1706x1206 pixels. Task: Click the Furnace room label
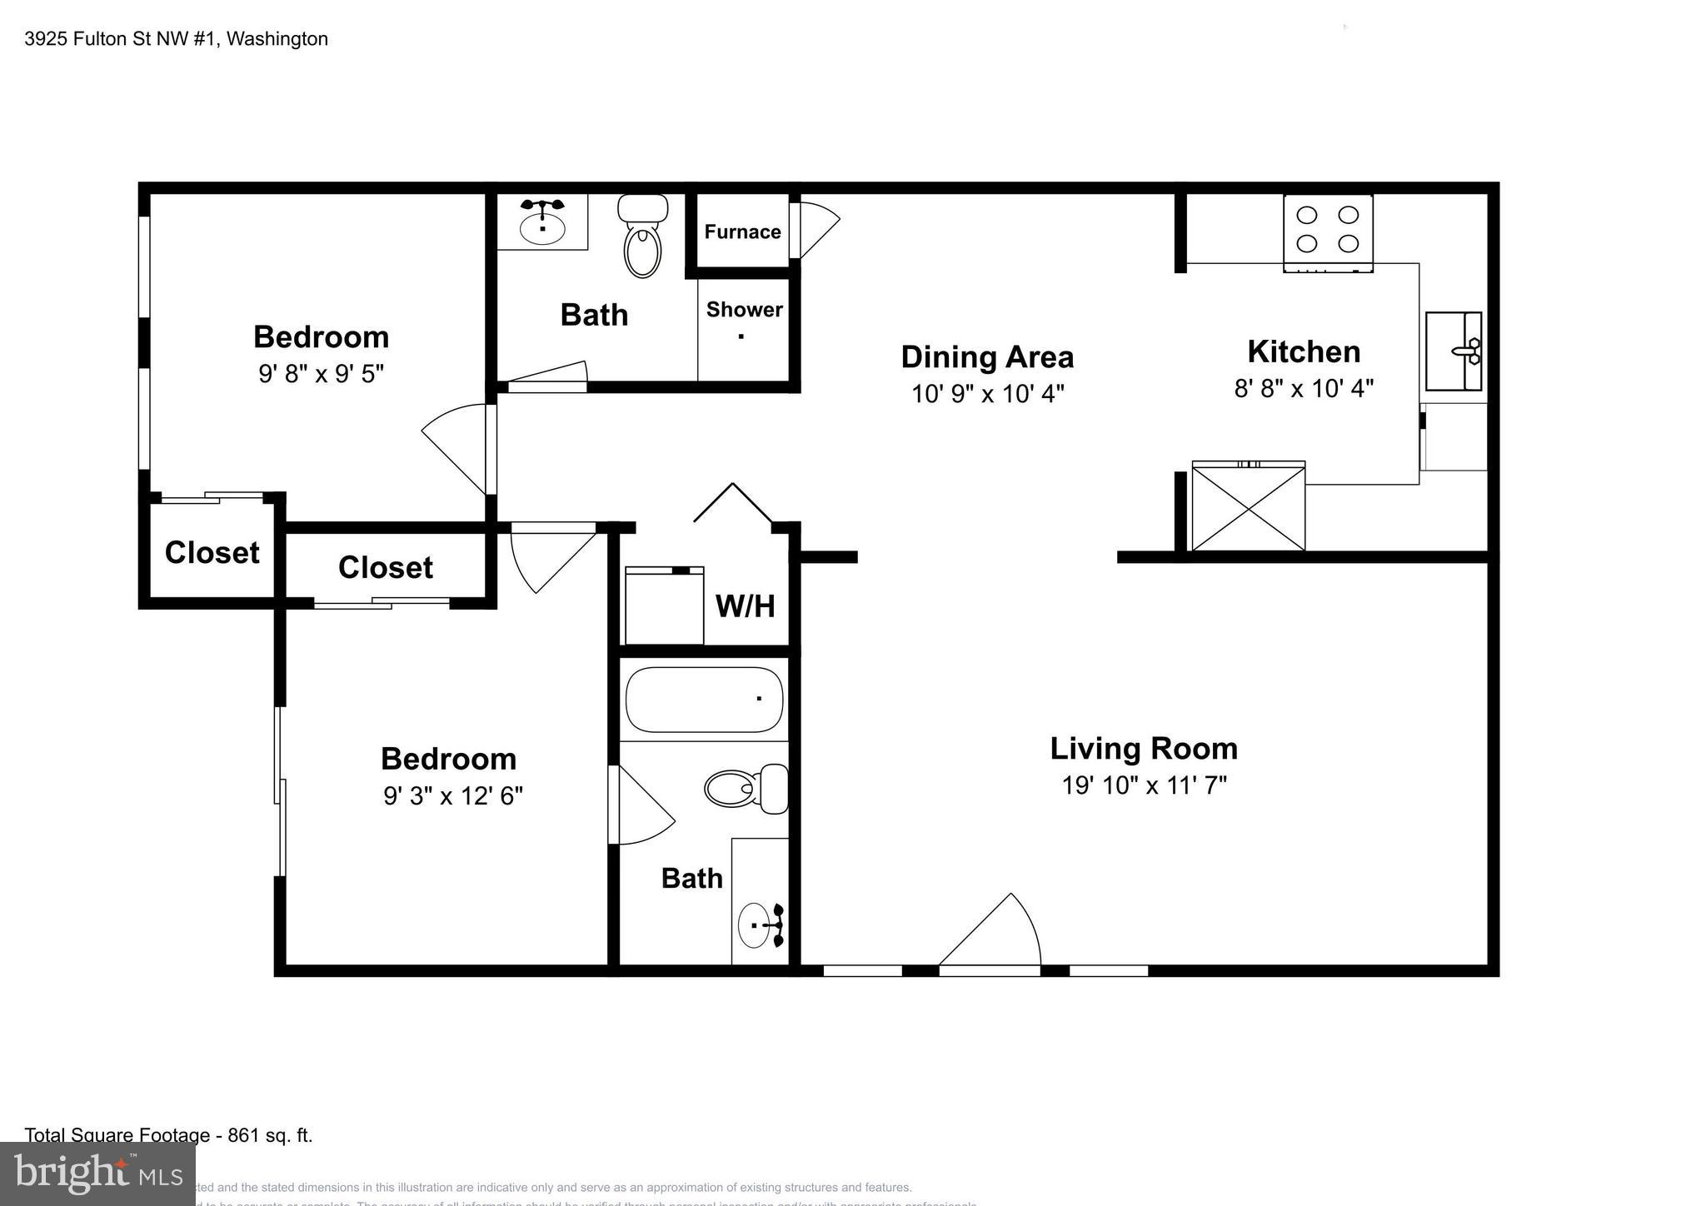742,232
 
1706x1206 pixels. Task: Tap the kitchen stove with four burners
1328,231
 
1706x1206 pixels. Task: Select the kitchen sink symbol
1454,351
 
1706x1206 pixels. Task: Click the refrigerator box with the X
1248,506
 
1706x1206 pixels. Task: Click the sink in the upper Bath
542,222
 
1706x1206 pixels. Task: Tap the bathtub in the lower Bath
704,699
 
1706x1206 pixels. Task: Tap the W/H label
745,606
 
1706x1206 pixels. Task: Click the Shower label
744,310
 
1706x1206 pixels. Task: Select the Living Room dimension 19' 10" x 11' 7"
1144,785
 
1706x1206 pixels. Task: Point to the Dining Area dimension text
987,393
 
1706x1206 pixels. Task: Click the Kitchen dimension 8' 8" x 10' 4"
1304,388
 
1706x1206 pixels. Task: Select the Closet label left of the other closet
212,553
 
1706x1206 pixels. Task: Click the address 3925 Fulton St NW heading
176,39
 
